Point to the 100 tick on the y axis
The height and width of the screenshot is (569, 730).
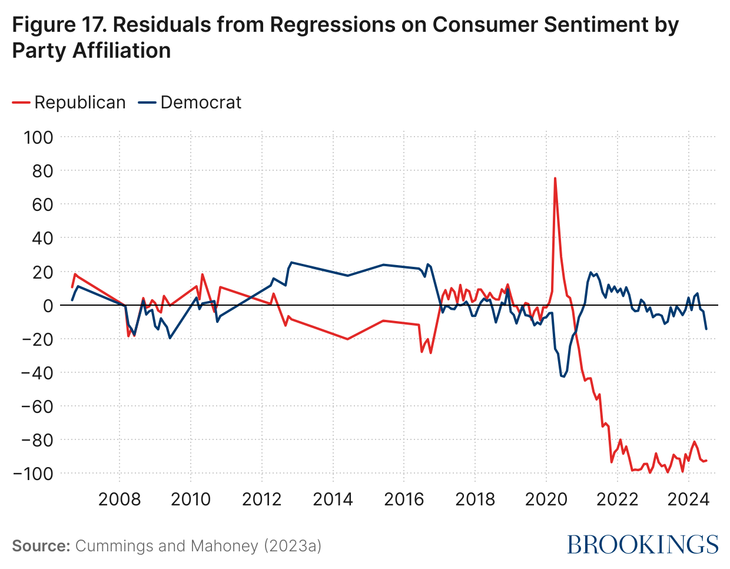pyautogui.click(x=38, y=137)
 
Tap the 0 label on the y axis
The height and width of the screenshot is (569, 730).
pyautogui.click(x=48, y=305)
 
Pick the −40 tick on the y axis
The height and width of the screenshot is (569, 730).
pyautogui.click(x=37, y=373)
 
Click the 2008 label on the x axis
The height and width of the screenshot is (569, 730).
pyautogui.click(x=120, y=499)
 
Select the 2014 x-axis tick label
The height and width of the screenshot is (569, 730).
pyautogui.click(x=333, y=499)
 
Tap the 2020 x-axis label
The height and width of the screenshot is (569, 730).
pyautogui.click(x=546, y=499)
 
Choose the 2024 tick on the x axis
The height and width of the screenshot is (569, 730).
pyautogui.click(x=688, y=499)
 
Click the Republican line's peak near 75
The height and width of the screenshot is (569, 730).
pyautogui.click(x=555, y=178)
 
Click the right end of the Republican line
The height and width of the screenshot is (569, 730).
pyautogui.click(x=706, y=461)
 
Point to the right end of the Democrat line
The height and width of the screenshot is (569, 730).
pyautogui.click(x=706, y=329)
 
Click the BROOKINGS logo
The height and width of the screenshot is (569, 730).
pyautogui.click(x=643, y=544)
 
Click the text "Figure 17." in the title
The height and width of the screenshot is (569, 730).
pyautogui.click(x=58, y=25)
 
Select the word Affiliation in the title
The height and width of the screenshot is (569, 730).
pyautogui.click(x=122, y=51)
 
